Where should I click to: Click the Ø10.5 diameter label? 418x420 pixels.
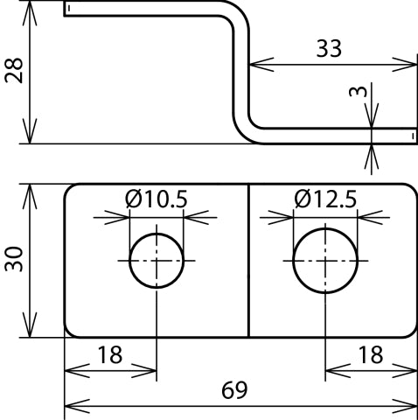157,199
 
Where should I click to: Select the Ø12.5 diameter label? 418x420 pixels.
325,199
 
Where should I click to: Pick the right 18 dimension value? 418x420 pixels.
371,355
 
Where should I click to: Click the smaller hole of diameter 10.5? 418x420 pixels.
157,261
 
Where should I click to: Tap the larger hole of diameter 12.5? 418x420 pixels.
325,261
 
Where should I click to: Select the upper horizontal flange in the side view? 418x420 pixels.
149,9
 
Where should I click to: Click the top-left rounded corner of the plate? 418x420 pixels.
70,190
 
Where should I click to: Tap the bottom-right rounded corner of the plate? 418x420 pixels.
410,331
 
